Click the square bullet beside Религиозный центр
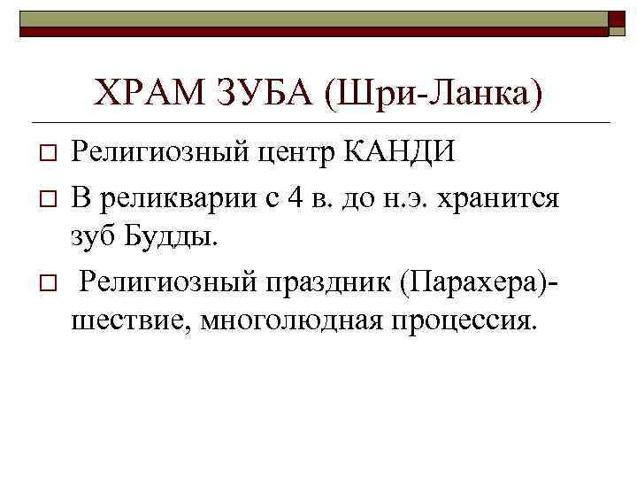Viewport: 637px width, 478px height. (48, 155)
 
